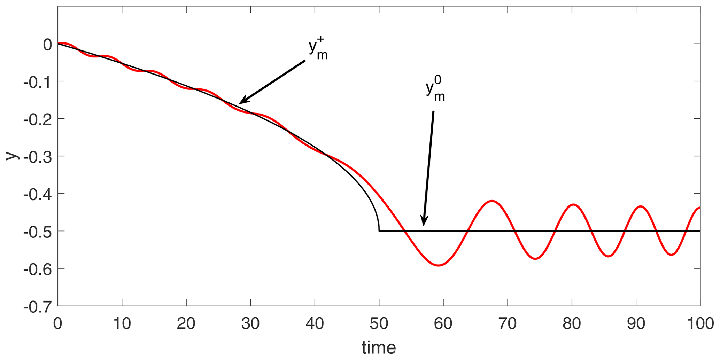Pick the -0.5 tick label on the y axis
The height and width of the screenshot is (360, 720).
[37, 231]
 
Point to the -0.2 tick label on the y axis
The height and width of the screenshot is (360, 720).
[37, 119]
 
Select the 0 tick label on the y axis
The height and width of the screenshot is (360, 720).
[47, 44]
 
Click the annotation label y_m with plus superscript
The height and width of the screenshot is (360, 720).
[318, 49]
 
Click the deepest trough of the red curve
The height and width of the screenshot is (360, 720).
[439, 266]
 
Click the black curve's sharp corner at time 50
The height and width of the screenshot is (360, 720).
[379, 230]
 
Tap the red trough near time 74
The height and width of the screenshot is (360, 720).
[535, 259]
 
